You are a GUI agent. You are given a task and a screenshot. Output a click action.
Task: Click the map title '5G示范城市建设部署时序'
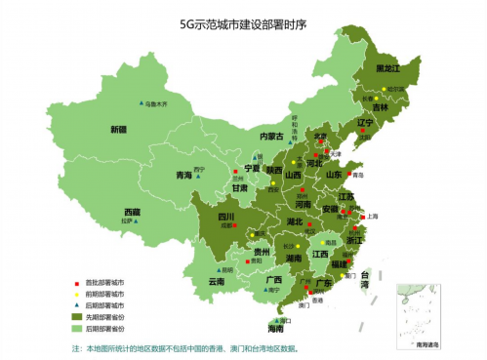click(x=243, y=23)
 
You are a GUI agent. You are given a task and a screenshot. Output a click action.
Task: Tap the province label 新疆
click(x=118, y=129)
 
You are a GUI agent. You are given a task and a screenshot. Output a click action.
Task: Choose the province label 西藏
click(x=132, y=212)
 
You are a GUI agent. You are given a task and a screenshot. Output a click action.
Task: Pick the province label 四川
click(x=225, y=217)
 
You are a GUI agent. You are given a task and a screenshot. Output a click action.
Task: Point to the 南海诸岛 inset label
click(x=426, y=343)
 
